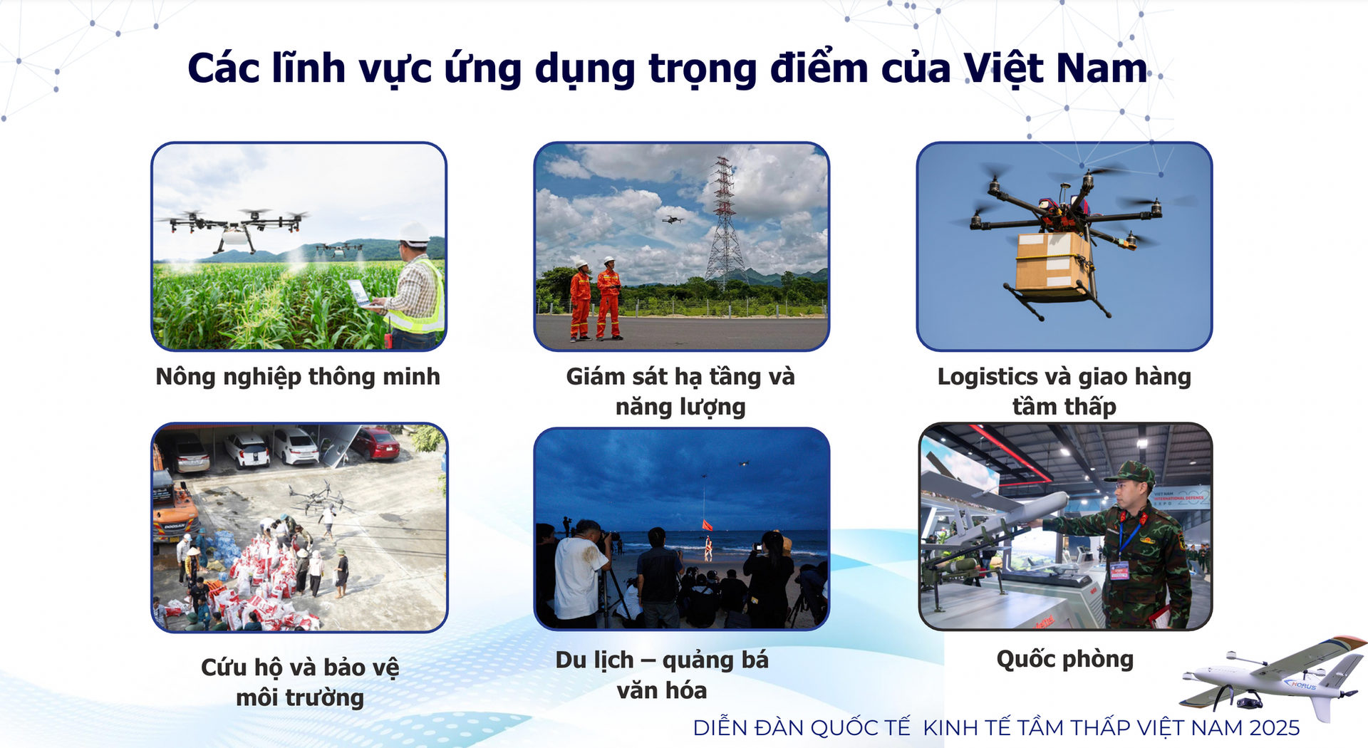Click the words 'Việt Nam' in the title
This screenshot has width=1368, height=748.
[x=1054, y=69]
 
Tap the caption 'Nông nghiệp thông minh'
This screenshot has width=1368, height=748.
[x=298, y=377]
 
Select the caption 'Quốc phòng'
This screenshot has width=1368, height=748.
[x=1064, y=659]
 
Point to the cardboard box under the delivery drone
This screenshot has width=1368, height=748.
[x=1052, y=264]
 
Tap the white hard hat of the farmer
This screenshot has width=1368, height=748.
[x=413, y=233]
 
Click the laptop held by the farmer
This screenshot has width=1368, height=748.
[x=361, y=293]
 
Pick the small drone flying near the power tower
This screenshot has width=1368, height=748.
[x=671, y=219]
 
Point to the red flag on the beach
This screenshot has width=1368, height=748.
[x=707, y=526]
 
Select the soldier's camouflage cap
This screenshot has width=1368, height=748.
[x=1131, y=473]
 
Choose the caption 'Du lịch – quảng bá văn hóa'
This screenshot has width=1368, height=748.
[x=662, y=675]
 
